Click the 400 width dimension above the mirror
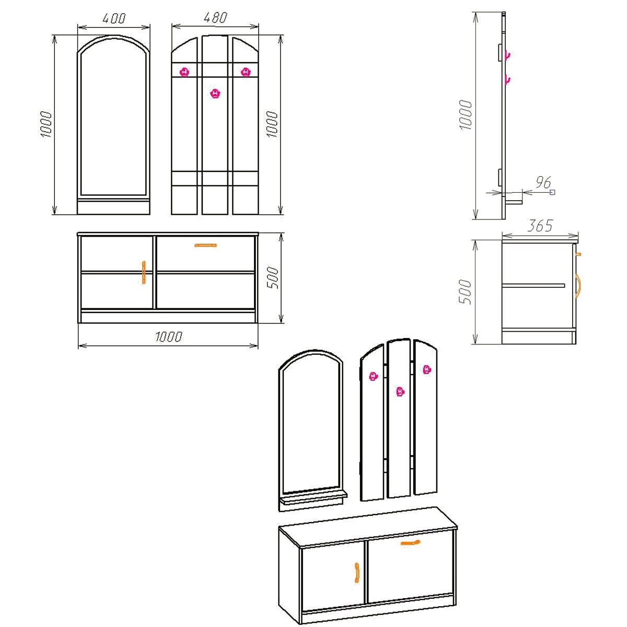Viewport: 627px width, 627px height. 114,18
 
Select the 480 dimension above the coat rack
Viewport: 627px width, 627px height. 215,18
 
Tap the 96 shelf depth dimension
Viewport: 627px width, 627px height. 543,182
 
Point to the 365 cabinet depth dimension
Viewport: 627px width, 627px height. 540,226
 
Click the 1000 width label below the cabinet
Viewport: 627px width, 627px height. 169,337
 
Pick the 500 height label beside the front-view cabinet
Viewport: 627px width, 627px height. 273,277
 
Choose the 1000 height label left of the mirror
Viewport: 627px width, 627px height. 46,124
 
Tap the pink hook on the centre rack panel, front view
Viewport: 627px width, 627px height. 215,94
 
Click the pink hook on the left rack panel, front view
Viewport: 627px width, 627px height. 184,72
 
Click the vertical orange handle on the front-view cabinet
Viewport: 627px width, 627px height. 144,273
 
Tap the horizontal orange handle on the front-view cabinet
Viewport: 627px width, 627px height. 206,246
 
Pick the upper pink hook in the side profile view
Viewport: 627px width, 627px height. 507,55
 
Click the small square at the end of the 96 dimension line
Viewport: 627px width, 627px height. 552,192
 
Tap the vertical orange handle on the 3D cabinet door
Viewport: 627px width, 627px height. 357,573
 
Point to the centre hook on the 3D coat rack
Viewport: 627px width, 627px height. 400,392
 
